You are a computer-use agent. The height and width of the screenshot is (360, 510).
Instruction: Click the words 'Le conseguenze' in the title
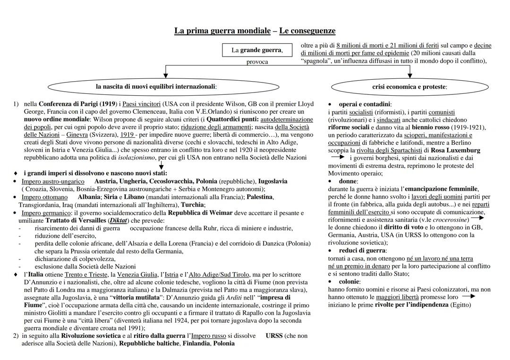(307, 31)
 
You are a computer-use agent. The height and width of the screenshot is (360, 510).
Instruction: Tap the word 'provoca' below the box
(257, 62)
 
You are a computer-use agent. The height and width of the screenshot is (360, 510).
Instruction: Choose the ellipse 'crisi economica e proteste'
(409, 87)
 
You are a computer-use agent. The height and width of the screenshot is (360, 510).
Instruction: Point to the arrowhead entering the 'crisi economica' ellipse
(409, 75)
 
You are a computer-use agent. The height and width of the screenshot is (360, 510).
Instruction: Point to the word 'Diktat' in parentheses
(119, 220)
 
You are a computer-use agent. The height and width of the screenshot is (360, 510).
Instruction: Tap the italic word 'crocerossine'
(451, 219)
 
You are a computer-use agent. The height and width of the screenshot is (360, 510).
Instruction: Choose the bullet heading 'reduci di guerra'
(363, 251)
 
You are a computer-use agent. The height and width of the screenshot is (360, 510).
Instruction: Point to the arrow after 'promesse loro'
(468, 297)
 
